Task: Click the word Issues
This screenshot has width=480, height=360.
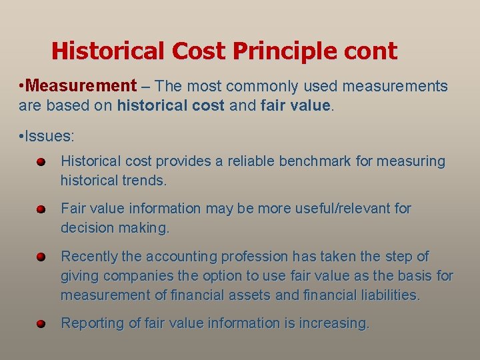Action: (x=50, y=137)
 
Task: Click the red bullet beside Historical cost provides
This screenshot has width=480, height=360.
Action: (x=41, y=161)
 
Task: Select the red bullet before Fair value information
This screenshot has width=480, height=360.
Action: (x=41, y=209)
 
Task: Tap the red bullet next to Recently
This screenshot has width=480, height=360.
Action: (x=41, y=257)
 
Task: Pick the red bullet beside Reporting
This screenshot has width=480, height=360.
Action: (x=41, y=323)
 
